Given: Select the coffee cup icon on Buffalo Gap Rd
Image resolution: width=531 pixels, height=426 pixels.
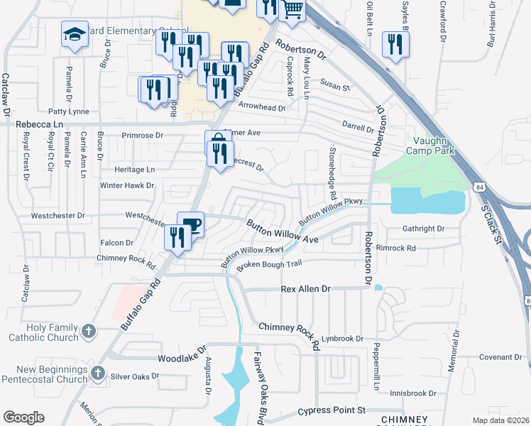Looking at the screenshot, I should click(x=191, y=225).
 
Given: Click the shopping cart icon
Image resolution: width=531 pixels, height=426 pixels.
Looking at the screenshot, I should click(x=293, y=9).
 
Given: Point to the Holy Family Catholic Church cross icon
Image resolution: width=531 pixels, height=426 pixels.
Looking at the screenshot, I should click(x=88, y=332).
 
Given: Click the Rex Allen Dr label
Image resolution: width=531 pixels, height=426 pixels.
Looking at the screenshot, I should click(x=306, y=289).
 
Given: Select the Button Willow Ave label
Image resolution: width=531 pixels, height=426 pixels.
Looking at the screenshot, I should click(x=282, y=231).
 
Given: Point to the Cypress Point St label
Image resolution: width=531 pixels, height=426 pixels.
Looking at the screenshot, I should click(x=331, y=410).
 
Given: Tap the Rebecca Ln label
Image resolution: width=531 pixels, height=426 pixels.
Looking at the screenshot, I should click(x=38, y=124).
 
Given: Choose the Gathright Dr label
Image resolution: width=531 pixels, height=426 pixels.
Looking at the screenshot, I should click(x=422, y=229).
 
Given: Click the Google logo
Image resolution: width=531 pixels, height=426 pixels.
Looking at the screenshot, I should click(x=23, y=417).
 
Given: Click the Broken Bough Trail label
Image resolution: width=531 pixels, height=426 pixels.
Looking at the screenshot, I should click(x=269, y=265).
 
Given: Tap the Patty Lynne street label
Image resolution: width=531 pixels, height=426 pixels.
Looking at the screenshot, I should click(x=68, y=111).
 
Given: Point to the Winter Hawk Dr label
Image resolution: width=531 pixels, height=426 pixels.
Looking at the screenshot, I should click(x=127, y=185).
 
